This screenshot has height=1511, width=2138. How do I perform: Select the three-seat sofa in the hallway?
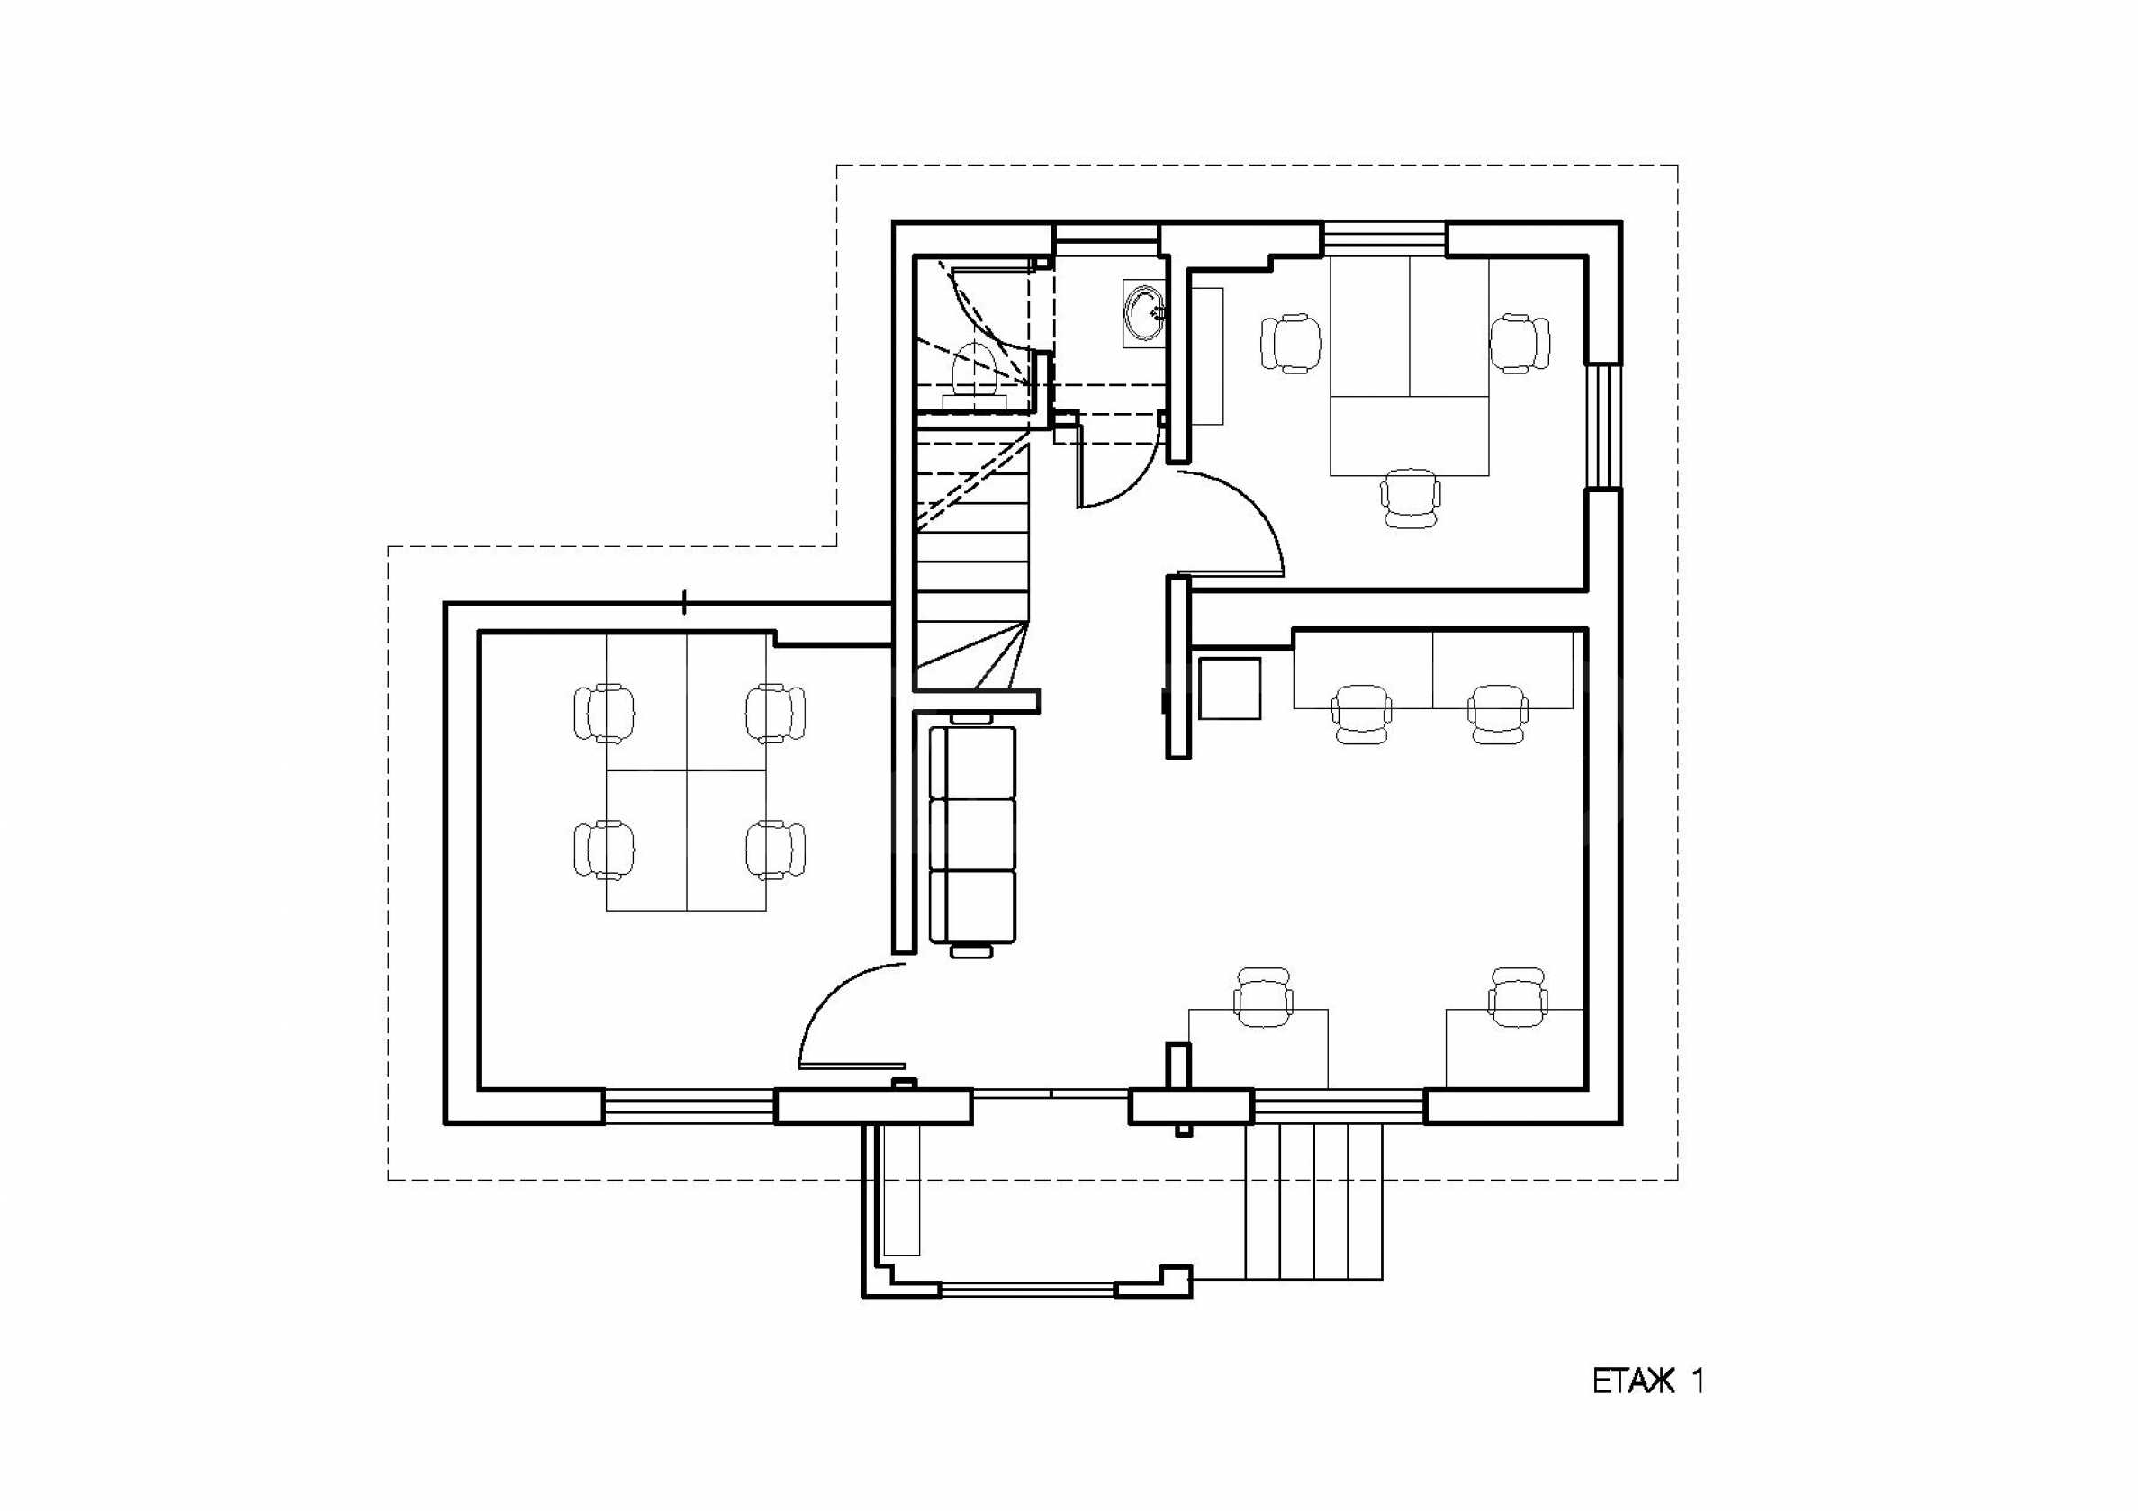point(973,834)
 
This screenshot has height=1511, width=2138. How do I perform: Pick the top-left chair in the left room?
point(604,713)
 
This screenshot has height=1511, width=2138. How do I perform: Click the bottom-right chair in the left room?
point(775,849)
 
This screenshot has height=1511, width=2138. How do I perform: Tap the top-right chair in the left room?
point(775,713)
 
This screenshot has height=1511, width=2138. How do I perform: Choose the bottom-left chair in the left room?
point(604,849)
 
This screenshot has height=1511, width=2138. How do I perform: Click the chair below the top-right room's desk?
point(1409,498)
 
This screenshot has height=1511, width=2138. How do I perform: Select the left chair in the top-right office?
point(1291,343)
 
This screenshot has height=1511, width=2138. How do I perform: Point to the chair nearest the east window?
point(1520,343)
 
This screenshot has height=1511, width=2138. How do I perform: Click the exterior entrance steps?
point(1313,1201)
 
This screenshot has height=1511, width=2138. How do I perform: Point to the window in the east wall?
point(1604,426)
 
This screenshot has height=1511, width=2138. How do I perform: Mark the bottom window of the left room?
point(689,1107)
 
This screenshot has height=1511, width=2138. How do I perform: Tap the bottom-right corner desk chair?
point(1518,997)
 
